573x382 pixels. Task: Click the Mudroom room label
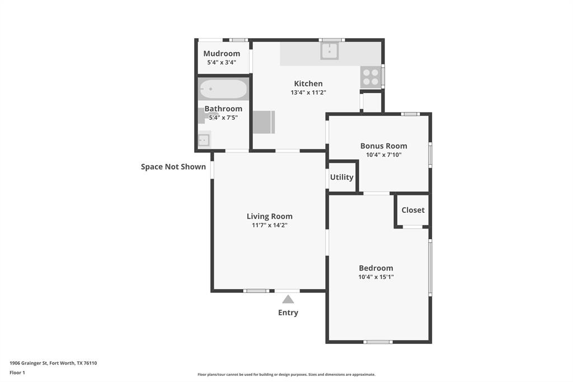(x=222, y=54)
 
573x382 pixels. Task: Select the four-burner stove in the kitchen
(x=370, y=77)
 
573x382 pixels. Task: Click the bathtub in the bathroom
(x=223, y=89)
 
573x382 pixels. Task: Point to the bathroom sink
(x=204, y=140)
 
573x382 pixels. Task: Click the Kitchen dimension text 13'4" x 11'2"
(x=308, y=93)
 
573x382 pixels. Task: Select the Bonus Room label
(x=383, y=146)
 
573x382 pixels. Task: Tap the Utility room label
(x=341, y=177)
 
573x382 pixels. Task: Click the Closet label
(x=413, y=210)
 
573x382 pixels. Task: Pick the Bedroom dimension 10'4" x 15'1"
(x=376, y=277)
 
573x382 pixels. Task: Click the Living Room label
(x=270, y=216)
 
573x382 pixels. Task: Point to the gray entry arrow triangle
(x=288, y=299)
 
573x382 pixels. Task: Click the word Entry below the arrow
(x=288, y=313)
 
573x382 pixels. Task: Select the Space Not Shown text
(x=173, y=166)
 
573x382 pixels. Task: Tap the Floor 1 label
(x=17, y=372)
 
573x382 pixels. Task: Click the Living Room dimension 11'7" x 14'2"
(x=270, y=225)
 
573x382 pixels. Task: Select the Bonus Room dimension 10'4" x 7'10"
(x=383, y=155)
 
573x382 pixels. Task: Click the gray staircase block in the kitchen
(x=264, y=122)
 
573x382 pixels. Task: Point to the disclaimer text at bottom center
(x=286, y=375)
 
